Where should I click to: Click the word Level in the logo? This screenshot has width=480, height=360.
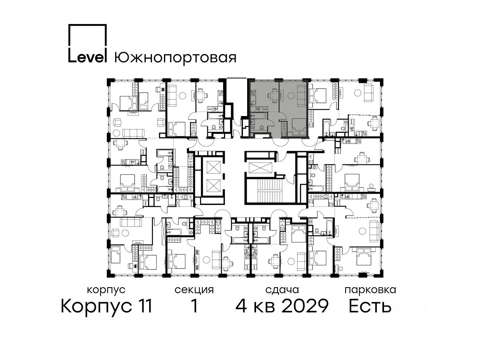pos(87,58)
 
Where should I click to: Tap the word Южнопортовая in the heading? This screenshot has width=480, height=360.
pos(175,58)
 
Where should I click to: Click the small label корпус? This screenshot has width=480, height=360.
pos(106,290)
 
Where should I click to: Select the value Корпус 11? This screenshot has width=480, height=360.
pos(106,306)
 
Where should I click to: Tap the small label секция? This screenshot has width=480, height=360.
pos(194,290)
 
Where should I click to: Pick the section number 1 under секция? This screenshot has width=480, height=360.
pos(194,306)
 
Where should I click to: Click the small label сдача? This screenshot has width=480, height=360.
pos(282,290)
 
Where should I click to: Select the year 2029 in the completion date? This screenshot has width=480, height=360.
pos(305,306)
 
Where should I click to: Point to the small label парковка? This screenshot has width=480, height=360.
pos(370,290)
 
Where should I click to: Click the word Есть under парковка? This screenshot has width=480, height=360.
pos(370,306)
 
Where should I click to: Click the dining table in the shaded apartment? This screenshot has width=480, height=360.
pos(274,95)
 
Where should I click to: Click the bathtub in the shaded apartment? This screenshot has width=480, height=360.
pos(258,116)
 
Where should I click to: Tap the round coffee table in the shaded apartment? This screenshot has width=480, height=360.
pos(291,95)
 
